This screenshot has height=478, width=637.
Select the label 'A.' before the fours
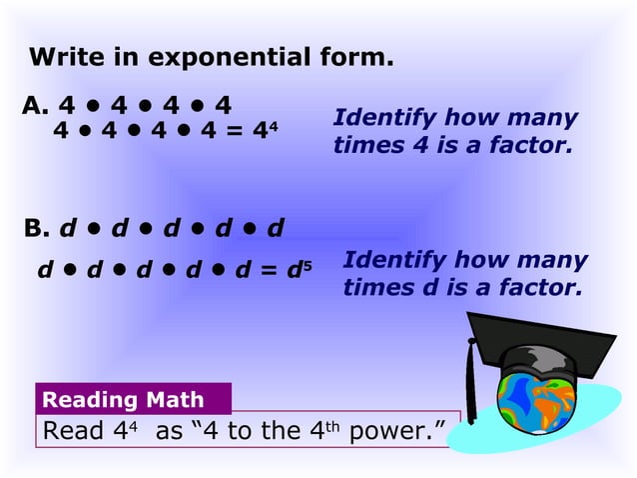pyautogui.click(x=35, y=104)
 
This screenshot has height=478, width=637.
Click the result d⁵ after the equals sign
pyautogui.click(x=293, y=270)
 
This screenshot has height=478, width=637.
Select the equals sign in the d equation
pyautogui.click(x=266, y=271)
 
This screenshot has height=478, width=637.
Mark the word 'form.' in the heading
pyautogui.click(x=359, y=57)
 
